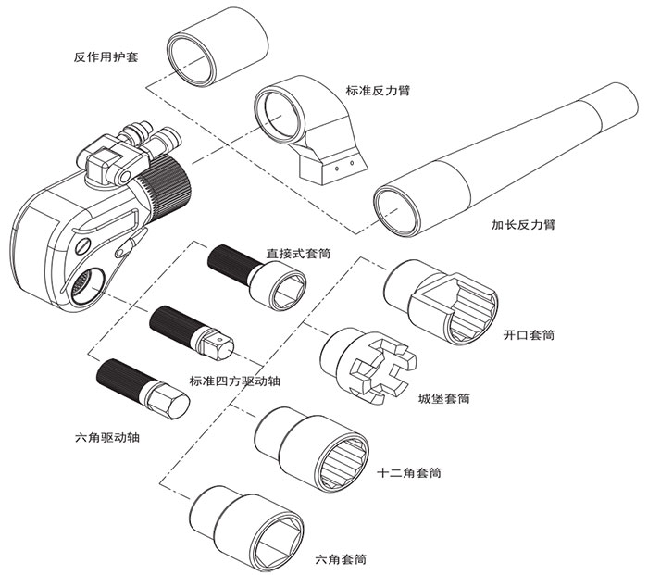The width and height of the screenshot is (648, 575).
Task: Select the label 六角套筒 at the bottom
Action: click(341, 559)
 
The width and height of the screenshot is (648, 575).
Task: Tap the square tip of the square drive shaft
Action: click(218, 349)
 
